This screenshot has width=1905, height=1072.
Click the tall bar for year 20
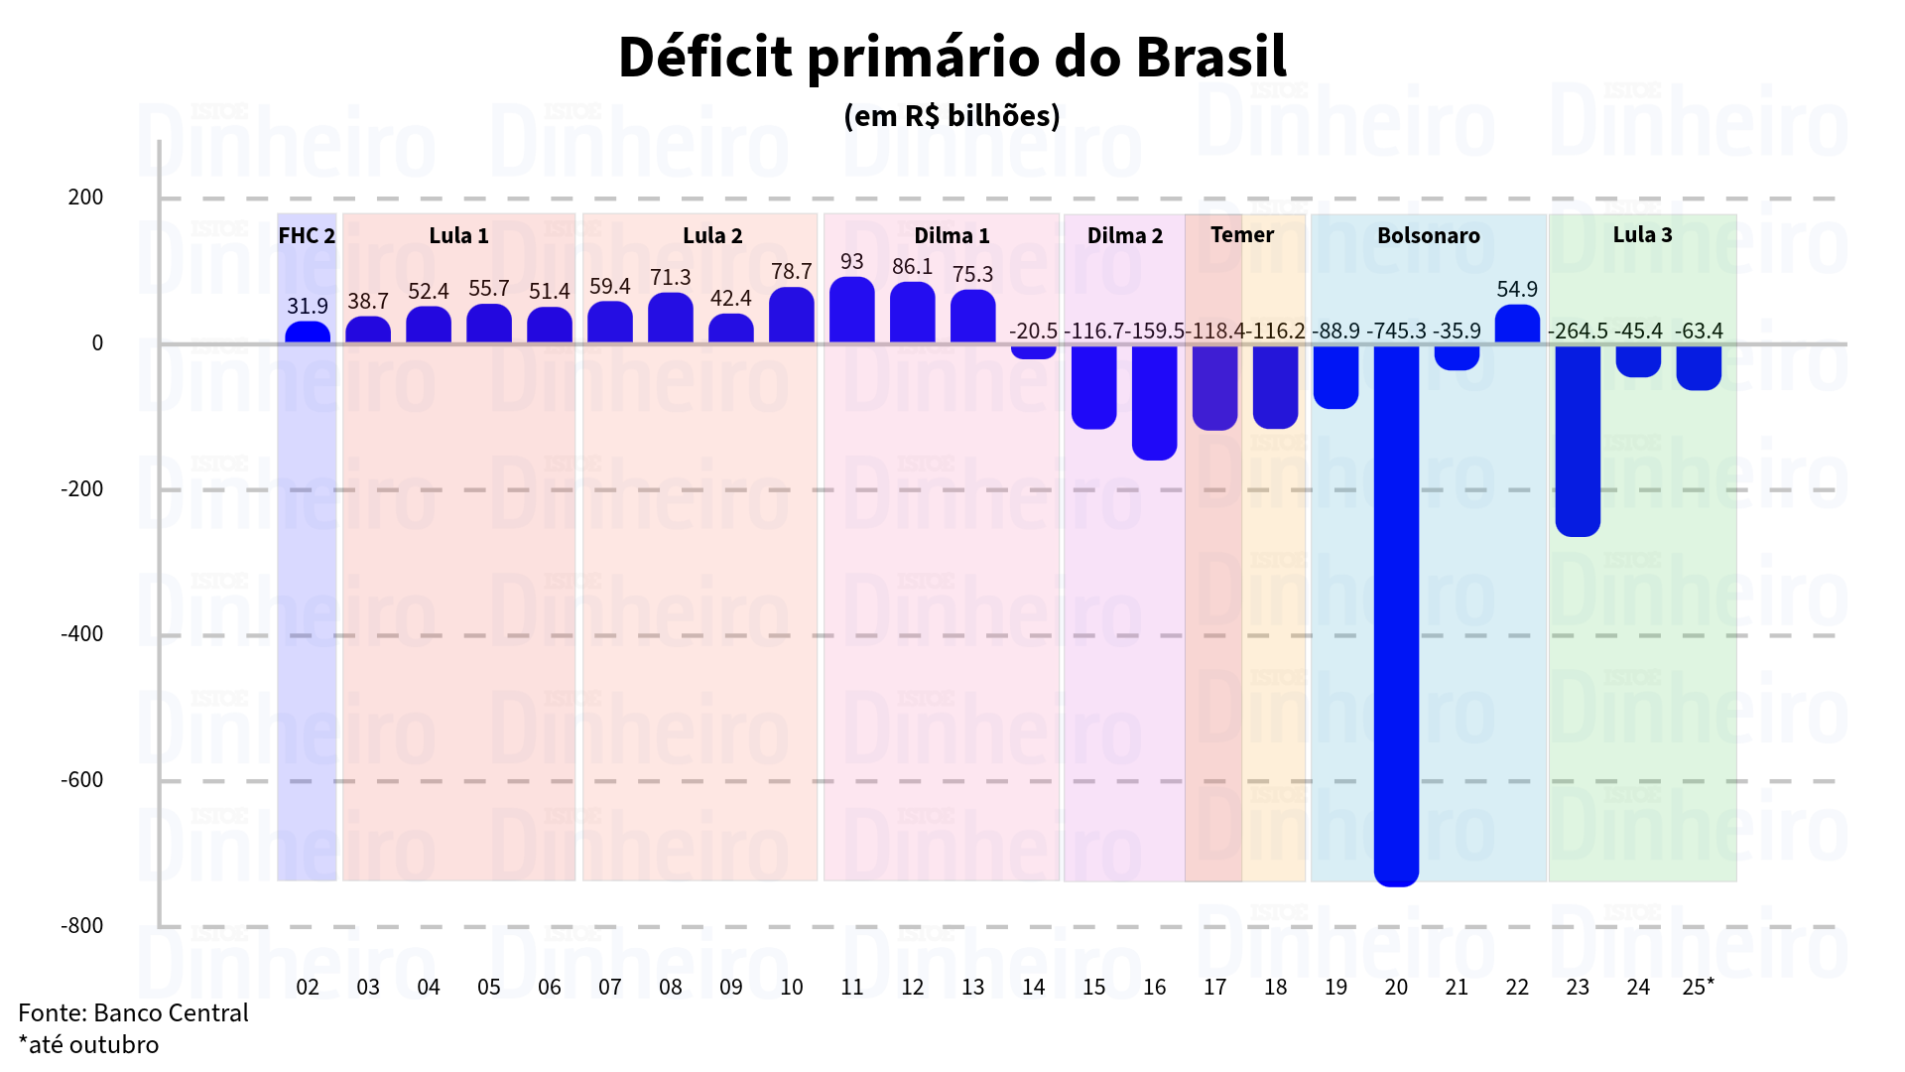coord(1396,615)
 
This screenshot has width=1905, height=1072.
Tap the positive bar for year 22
coord(1517,325)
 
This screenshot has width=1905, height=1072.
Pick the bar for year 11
coord(852,311)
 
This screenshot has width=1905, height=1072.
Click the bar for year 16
coord(1154,402)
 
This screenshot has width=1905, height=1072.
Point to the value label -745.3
coord(1396,331)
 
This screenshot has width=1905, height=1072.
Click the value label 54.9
coord(1517,289)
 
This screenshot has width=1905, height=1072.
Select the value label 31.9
coord(308,306)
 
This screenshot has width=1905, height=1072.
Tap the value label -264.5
coord(1578,331)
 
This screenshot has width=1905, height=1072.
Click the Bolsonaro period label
coord(1428,235)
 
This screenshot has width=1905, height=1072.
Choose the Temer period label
coord(1242,234)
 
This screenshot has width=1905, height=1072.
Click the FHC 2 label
coord(307,235)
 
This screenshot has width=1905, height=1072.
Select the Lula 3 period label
coord(1642,234)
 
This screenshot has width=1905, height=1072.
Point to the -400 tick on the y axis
coord(81,633)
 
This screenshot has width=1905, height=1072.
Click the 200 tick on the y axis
coord(85,197)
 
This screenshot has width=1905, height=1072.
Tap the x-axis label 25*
coord(1698,987)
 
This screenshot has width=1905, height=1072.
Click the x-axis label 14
coord(1033,987)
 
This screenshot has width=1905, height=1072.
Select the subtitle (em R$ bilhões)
coord(952,116)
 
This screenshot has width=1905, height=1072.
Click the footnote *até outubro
coord(88,1044)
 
